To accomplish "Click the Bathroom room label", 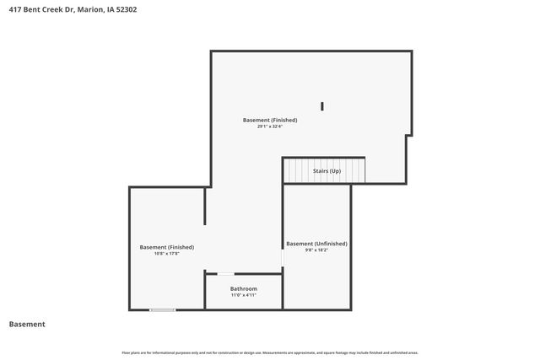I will (243, 289).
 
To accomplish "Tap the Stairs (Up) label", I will (327, 171).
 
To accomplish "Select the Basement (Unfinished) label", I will (316, 244).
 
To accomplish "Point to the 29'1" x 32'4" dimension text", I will (270, 126).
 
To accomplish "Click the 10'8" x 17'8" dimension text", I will (166, 254).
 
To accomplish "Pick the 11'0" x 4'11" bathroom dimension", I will (243, 296).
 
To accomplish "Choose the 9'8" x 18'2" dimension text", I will (316, 250).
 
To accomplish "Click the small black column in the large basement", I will (322, 106).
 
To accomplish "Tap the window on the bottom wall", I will (163, 309).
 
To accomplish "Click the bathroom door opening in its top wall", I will (225, 274).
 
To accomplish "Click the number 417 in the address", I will (15, 10).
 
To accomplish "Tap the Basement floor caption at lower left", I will (27, 325).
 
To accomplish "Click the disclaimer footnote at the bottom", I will (269, 352).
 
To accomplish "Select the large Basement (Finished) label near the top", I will (270, 120).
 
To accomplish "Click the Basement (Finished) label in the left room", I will (166, 247).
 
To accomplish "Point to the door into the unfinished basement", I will (283, 257).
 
